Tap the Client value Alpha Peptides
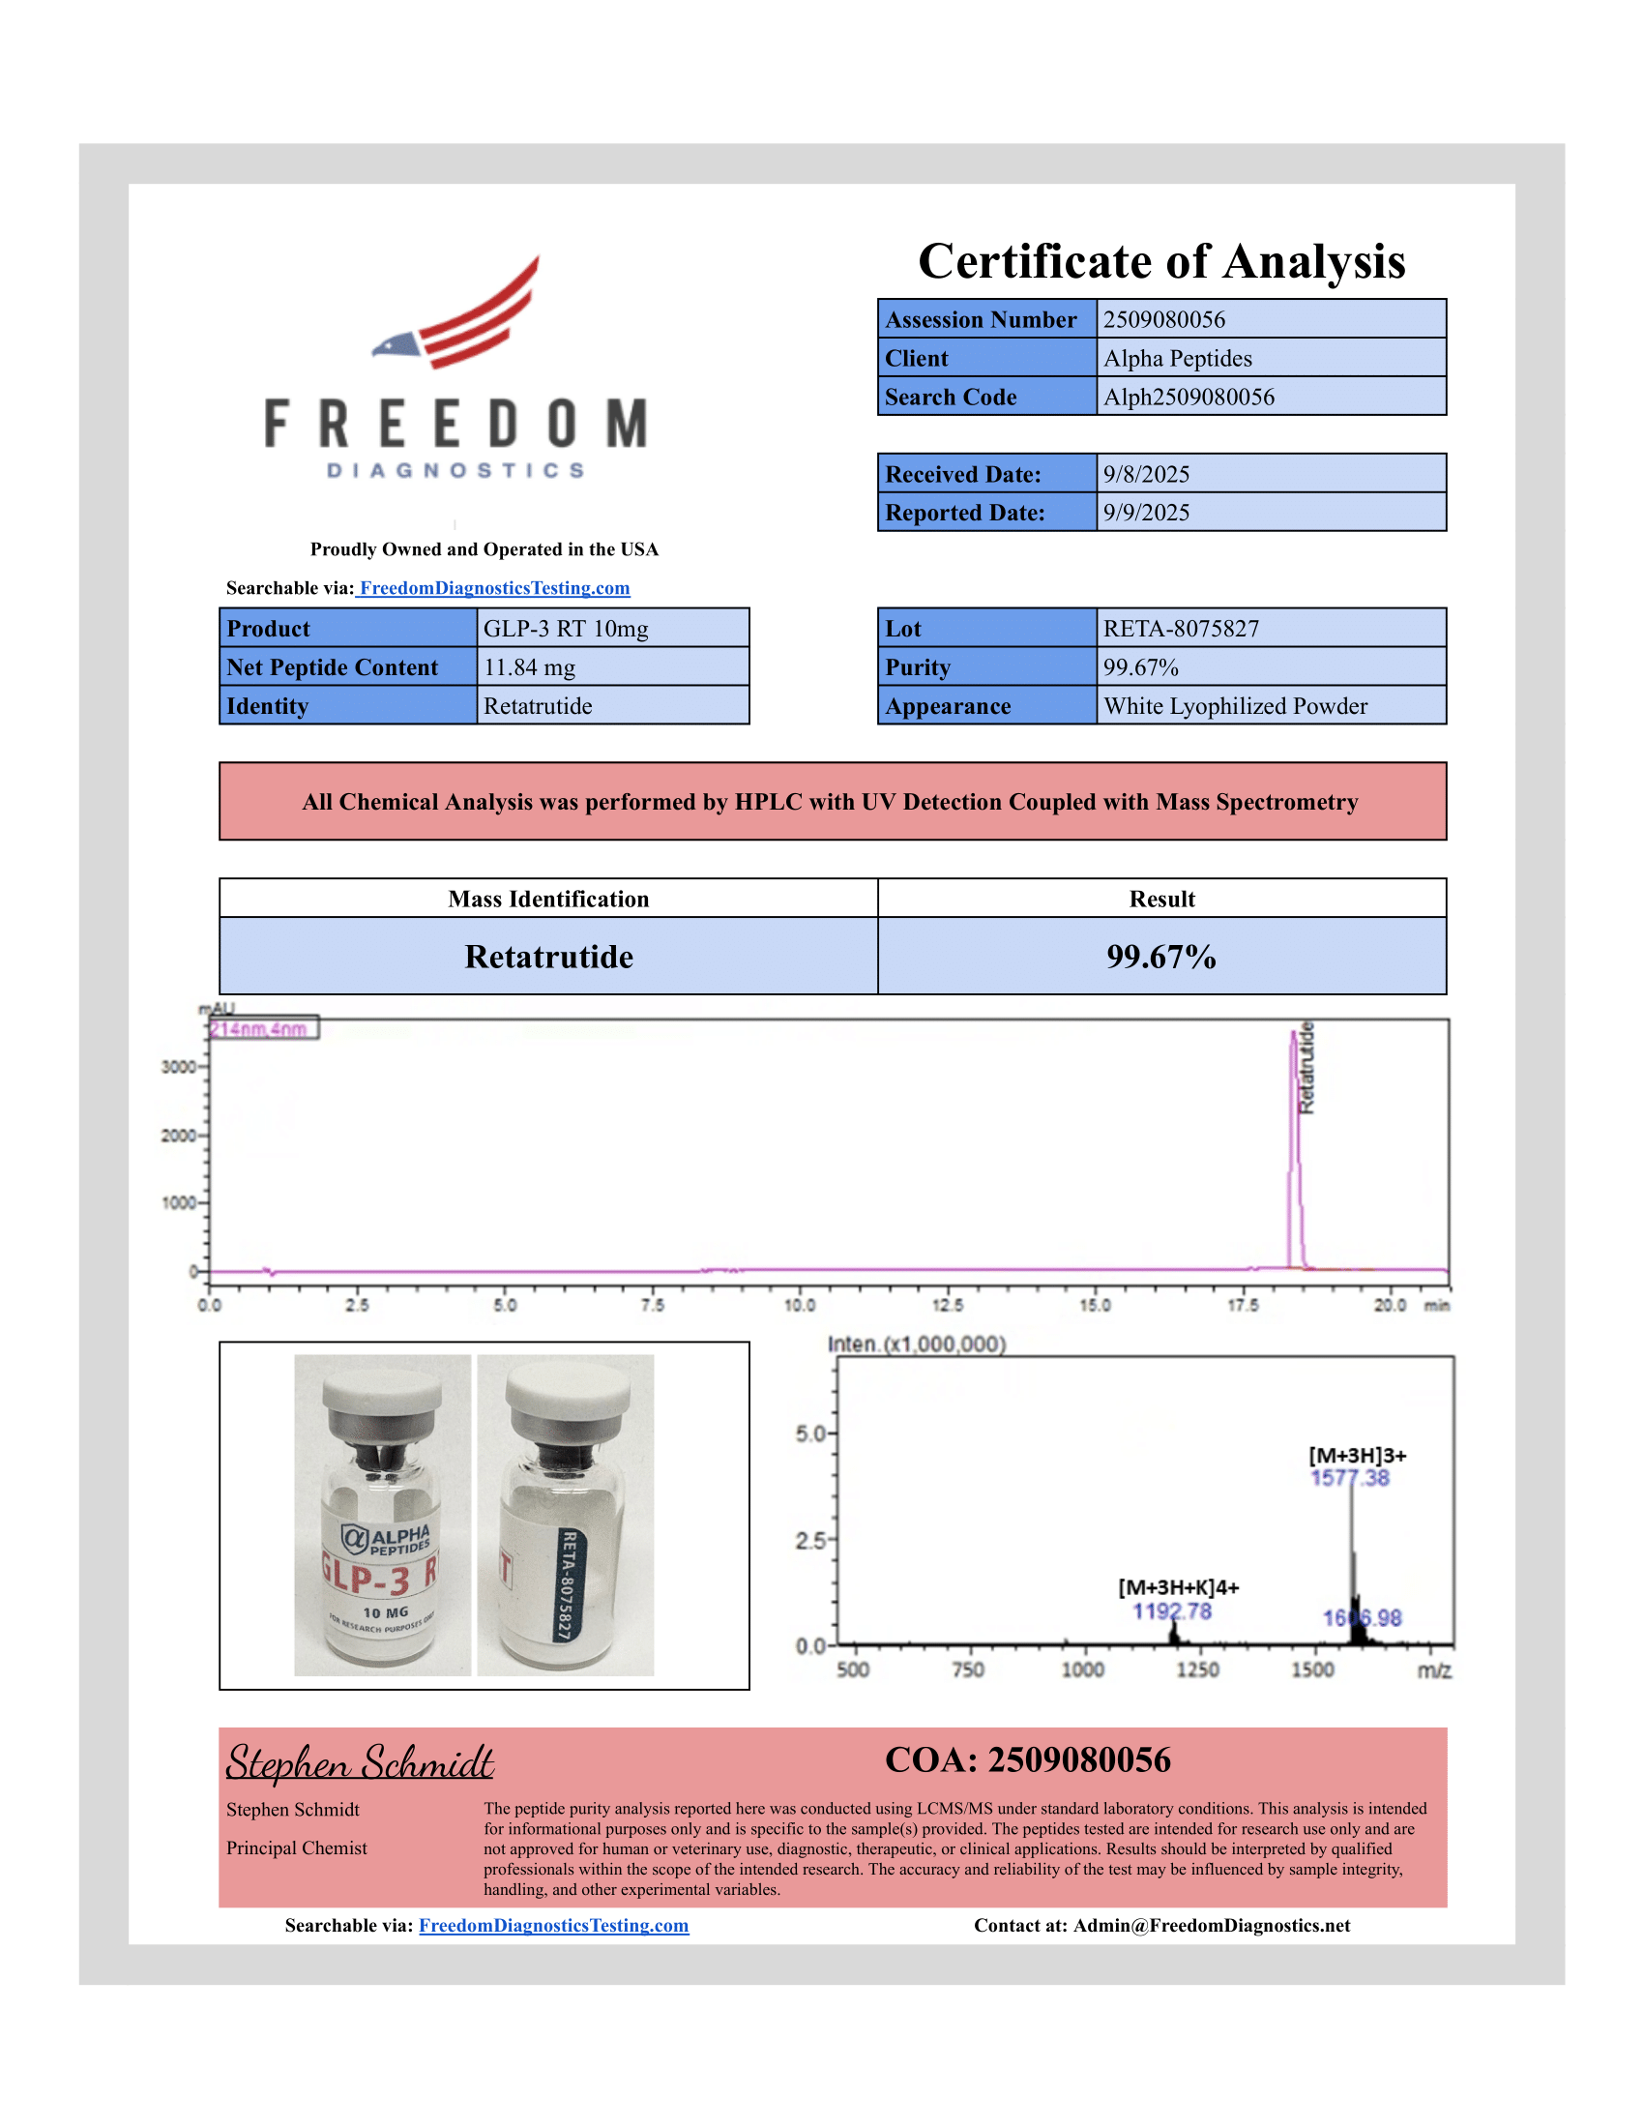(1178, 359)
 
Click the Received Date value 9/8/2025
(1146, 475)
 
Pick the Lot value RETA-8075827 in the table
(1181, 629)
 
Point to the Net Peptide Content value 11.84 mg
(529, 667)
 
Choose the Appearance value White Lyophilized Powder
(1235, 706)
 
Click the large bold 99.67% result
(1160, 957)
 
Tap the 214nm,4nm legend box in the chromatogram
(263, 1029)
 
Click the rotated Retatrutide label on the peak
(1307, 1068)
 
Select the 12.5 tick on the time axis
(947, 1306)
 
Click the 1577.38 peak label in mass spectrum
(1350, 1478)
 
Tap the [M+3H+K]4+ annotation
(1179, 1587)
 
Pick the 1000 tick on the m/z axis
(1082, 1670)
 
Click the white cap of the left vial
(383, 1382)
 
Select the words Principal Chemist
(297, 1848)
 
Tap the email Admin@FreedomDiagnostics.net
(1211, 1925)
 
